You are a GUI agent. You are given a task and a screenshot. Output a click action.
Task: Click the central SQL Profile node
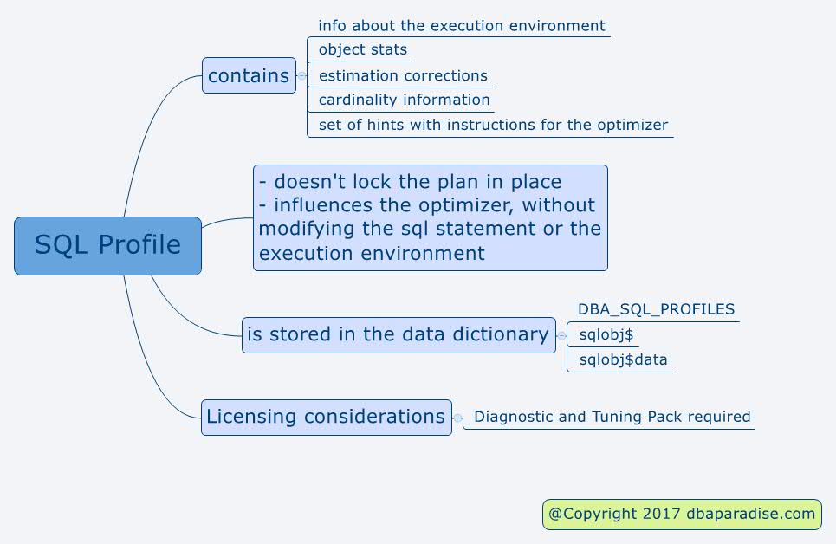(107, 246)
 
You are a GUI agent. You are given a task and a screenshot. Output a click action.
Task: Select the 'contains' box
(249, 75)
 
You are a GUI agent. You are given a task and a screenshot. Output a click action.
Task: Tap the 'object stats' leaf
(362, 49)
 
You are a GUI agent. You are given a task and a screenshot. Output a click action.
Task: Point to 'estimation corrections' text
(403, 75)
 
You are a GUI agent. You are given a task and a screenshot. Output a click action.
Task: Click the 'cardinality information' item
(404, 100)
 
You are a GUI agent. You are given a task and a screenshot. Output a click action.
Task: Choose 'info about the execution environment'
(461, 26)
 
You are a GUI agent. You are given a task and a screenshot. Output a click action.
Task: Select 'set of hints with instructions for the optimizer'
(493, 125)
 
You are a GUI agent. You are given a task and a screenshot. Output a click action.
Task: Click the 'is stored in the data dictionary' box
(399, 335)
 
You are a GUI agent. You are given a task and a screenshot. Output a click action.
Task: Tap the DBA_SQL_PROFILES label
(657, 309)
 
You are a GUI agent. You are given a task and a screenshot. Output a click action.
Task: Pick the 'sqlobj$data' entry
(623, 360)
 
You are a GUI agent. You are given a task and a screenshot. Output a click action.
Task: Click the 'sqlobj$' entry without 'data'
(606, 335)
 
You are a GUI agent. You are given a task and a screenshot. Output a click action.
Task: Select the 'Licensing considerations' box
(327, 417)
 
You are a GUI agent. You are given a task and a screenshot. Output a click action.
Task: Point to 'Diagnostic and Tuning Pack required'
(612, 417)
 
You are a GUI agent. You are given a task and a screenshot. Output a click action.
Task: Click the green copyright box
(682, 515)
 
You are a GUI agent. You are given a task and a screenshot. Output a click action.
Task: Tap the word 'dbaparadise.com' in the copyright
(751, 514)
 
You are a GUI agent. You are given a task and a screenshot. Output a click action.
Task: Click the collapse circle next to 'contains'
(301, 75)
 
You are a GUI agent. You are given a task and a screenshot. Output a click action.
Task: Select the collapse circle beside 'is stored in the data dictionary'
(561, 335)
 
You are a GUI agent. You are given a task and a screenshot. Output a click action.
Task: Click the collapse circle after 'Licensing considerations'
(457, 418)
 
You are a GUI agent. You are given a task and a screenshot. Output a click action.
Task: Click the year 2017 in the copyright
(661, 514)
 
